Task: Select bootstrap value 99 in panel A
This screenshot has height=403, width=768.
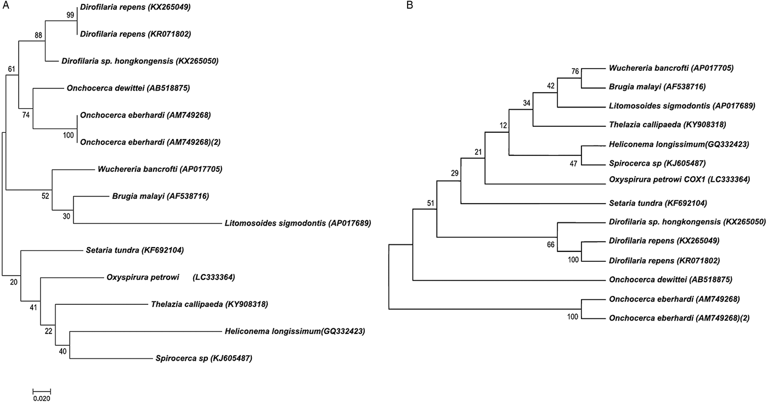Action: click(x=70, y=16)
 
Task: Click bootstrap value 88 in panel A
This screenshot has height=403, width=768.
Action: click(x=38, y=35)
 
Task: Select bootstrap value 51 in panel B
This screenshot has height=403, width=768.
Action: click(x=431, y=203)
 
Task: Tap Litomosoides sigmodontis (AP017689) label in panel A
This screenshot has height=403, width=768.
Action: click(x=298, y=223)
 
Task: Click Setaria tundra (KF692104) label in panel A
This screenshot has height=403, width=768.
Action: click(x=134, y=250)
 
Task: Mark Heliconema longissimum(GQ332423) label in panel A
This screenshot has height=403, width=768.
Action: click(x=295, y=331)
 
